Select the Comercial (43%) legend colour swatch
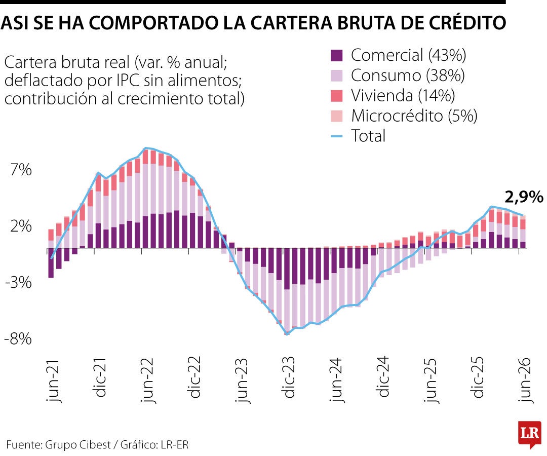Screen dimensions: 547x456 (x=337, y=55)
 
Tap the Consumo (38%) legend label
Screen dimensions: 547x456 (x=408, y=75)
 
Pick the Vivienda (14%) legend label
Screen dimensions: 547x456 (x=403, y=96)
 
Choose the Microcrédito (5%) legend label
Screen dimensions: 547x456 (x=414, y=116)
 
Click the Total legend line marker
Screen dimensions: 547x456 (x=337, y=136)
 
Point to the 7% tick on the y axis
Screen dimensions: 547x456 (x=21, y=170)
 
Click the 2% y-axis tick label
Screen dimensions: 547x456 (x=21, y=226)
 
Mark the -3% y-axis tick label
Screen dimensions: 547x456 (x=18, y=283)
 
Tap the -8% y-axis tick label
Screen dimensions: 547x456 (x=18, y=339)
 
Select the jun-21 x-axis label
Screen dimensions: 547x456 (x=53, y=381)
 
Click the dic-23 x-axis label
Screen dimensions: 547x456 (x=289, y=377)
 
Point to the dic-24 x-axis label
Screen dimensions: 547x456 (x=383, y=377)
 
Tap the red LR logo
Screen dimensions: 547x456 (x=530, y=434)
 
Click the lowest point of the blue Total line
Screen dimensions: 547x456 (x=287, y=334)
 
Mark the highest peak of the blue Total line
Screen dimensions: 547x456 (x=145, y=148)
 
